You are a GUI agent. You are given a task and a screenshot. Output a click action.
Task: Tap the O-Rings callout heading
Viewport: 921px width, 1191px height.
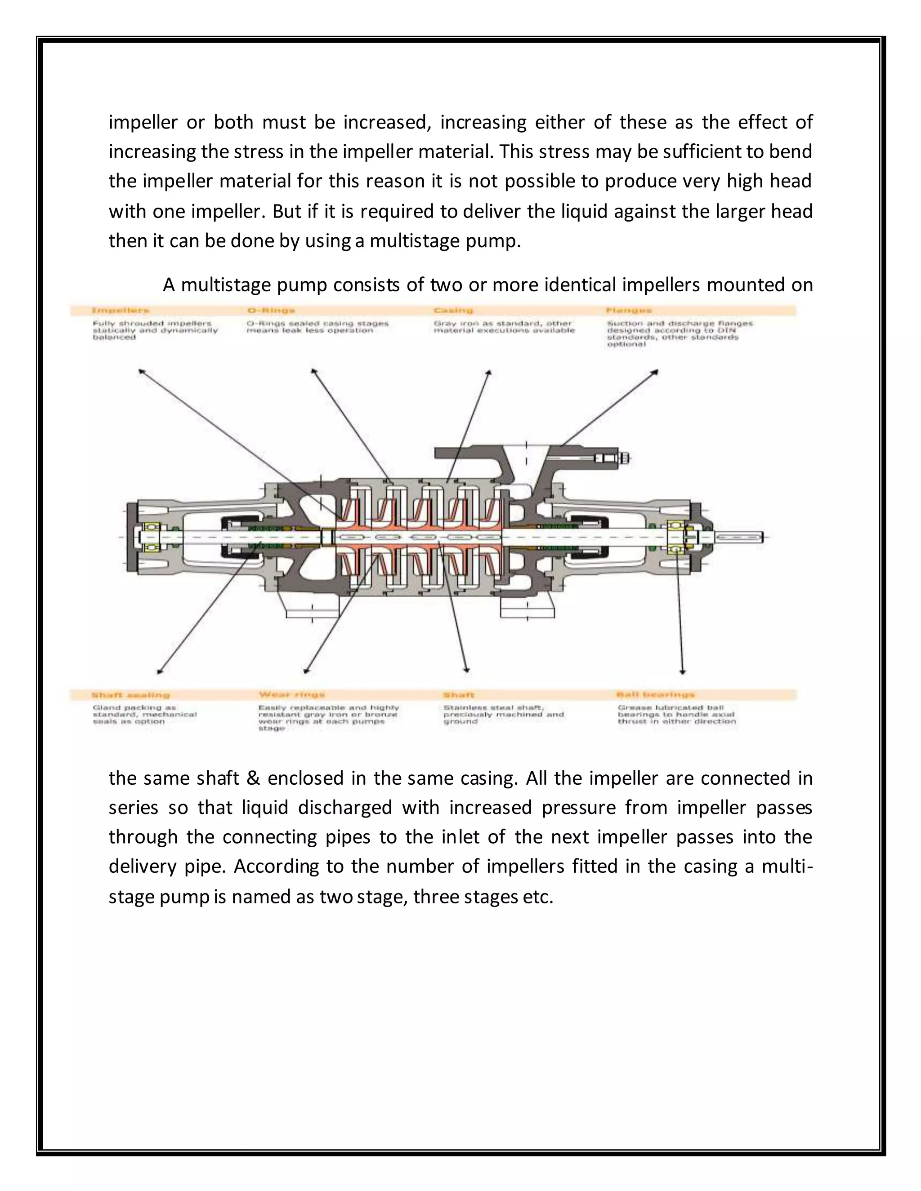(271, 310)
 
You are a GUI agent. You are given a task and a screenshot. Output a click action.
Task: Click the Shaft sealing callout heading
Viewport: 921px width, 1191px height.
(130, 695)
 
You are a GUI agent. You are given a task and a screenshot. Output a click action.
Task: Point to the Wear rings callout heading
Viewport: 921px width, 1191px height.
(292, 695)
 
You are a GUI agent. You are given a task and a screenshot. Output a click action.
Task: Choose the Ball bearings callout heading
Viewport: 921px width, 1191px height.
(655, 695)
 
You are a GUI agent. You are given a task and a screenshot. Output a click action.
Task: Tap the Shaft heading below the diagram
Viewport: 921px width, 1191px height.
(459, 695)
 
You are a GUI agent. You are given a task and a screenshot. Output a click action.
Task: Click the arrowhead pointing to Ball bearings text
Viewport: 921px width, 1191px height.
(683, 672)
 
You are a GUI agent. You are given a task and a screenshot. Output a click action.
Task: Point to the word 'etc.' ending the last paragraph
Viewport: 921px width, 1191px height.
(538, 897)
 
